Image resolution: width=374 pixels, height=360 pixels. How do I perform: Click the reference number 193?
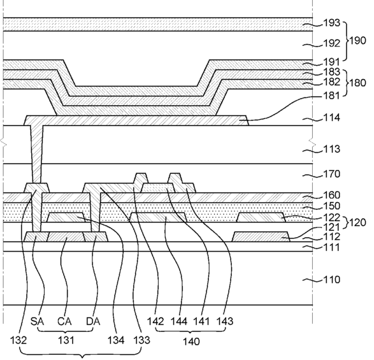[331, 23]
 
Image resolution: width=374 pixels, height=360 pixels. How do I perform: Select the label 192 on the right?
[331, 43]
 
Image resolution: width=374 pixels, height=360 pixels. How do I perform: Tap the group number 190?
[357, 41]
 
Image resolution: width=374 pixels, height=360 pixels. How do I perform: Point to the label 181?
[331, 96]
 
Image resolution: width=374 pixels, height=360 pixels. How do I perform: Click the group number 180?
[357, 83]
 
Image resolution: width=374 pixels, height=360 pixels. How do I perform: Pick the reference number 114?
[331, 118]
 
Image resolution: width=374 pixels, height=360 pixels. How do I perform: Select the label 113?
[331, 149]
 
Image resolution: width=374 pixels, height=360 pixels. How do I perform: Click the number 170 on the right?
[331, 174]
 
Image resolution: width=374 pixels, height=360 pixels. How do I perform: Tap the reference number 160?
[331, 196]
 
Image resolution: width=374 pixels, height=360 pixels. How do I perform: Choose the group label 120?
[357, 223]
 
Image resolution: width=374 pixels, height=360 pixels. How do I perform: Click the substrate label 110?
[331, 280]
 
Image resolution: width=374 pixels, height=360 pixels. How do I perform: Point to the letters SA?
[37, 322]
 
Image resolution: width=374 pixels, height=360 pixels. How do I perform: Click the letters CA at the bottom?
[64, 322]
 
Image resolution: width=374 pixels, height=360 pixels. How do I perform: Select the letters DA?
[93, 322]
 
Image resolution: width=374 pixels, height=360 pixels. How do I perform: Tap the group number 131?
[66, 340]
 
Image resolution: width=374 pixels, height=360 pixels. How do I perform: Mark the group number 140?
[191, 342]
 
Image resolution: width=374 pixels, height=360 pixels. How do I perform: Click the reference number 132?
[18, 340]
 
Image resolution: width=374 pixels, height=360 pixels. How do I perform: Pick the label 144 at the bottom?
[178, 322]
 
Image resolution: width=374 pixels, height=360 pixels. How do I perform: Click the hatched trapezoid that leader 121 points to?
[261, 236]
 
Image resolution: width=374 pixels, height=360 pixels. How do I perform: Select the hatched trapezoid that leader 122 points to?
[261, 217]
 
